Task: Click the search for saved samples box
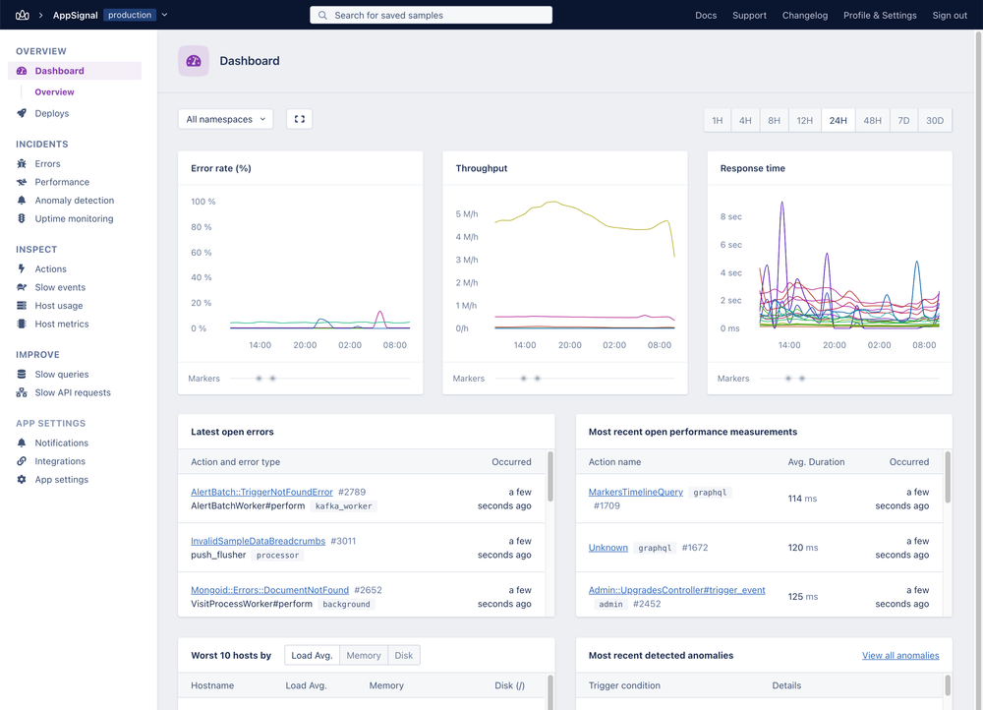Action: tap(431, 16)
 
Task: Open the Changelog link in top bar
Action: tap(804, 16)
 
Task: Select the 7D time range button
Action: tap(903, 121)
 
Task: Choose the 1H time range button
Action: tap(717, 121)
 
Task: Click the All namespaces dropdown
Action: tap(225, 119)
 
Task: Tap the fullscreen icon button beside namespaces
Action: tap(300, 119)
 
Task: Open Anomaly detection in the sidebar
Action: tap(74, 201)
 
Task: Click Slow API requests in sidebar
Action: tap(73, 392)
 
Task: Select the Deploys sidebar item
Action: tap(52, 113)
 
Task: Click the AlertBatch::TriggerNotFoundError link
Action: tap(261, 492)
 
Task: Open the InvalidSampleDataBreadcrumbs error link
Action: tap(258, 541)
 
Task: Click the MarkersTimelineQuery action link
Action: tap(635, 492)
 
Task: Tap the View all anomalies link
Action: tap(900, 655)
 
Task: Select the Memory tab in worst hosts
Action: tap(363, 655)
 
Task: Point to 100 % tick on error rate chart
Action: tap(202, 202)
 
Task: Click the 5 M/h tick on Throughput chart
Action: tap(466, 213)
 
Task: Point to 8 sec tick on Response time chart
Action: tap(730, 216)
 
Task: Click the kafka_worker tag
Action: tap(344, 505)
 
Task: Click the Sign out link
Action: tap(949, 16)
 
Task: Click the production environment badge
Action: tap(130, 15)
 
